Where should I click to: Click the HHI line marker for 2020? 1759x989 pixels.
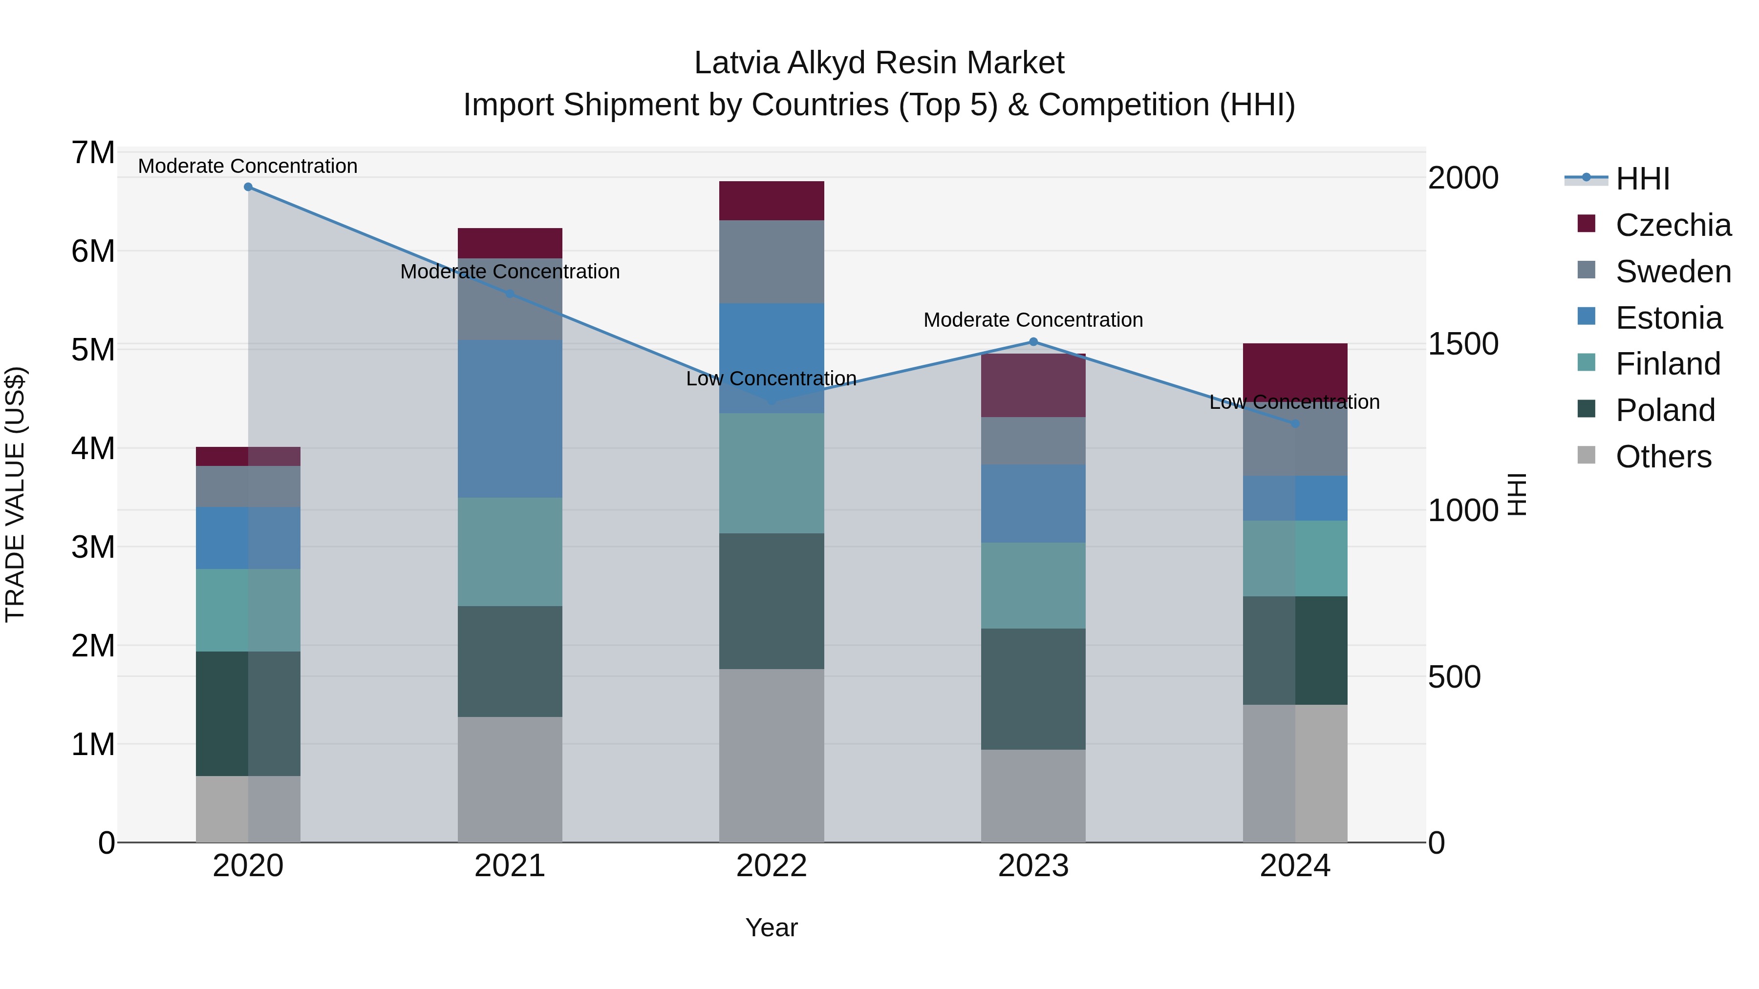tap(248, 187)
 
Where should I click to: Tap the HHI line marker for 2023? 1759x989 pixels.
tap(1033, 342)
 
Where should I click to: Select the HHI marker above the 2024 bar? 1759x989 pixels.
tap(1295, 424)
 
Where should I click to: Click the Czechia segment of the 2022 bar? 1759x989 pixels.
tap(772, 201)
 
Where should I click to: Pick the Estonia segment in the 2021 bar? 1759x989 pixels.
tap(510, 419)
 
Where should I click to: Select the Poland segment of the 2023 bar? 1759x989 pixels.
tap(1033, 689)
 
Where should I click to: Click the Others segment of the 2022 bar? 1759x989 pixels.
tap(772, 755)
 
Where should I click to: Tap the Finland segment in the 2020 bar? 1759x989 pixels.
tap(248, 610)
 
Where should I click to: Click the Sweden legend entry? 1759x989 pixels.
tap(1673, 272)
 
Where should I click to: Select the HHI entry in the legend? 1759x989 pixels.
tap(1642, 179)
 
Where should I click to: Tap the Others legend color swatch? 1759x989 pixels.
tap(1586, 455)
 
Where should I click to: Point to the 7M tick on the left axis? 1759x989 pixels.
tap(93, 153)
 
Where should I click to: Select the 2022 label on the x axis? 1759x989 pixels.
tap(772, 866)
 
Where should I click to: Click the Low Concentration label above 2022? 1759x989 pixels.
tap(771, 379)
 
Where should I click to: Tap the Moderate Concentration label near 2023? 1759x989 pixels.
tap(1033, 320)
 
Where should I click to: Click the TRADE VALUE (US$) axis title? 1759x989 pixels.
tap(15, 494)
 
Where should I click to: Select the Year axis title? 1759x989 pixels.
tap(772, 927)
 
